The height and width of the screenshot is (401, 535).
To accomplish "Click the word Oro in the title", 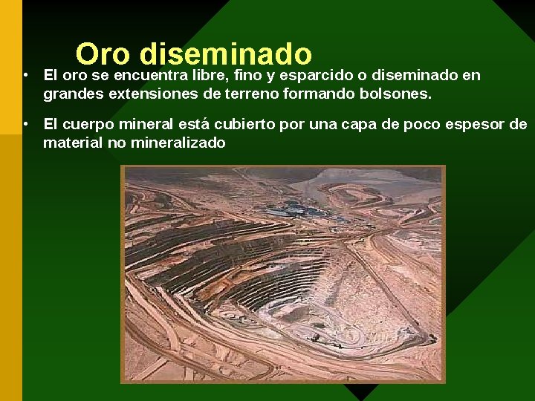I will [103, 54].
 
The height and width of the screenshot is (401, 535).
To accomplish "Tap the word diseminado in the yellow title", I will [225, 54].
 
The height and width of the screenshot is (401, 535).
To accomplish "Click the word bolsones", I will [394, 94].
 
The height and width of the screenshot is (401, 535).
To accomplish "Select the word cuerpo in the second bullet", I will [89, 124].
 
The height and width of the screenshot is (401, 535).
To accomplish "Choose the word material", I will [73, 143].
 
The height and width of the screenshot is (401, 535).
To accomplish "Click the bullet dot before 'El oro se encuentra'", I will [25, 75].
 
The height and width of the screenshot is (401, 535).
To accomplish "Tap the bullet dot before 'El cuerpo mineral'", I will [25, 123].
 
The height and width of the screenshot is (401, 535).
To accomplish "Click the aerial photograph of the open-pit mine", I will [283, 274].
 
